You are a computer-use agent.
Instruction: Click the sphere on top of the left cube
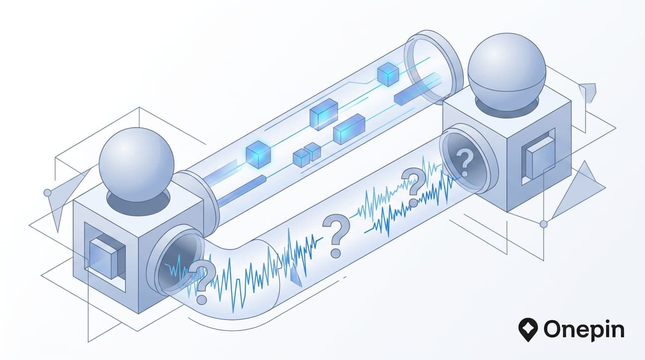coord(136,165)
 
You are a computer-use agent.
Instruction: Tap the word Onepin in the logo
coord(584,330)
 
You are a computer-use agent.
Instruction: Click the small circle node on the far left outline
coord(47,193)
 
